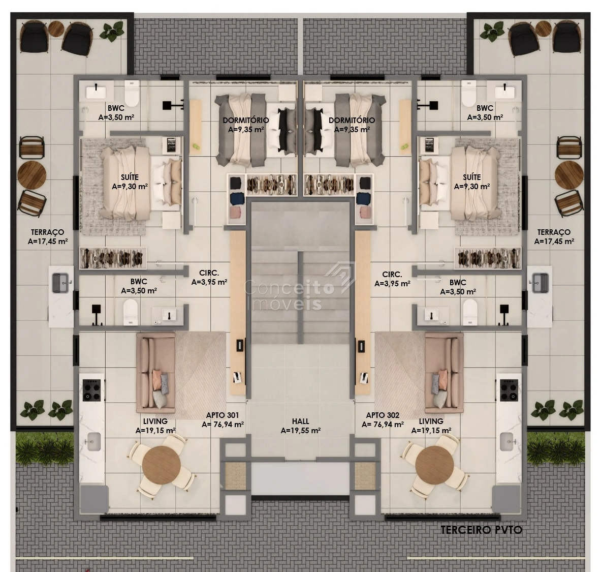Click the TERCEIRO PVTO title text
point(481,530)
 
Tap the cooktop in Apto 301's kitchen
point(92,390)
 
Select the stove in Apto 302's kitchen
point(509,390)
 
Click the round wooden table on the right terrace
point(569,175)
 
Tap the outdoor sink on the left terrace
point(60,283)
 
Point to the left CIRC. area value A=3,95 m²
point(209,282)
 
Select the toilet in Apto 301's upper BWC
point(132,93)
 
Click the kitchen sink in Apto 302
point(507,442)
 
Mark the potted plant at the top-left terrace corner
point(112,31)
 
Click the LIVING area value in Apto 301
point(155,431)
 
